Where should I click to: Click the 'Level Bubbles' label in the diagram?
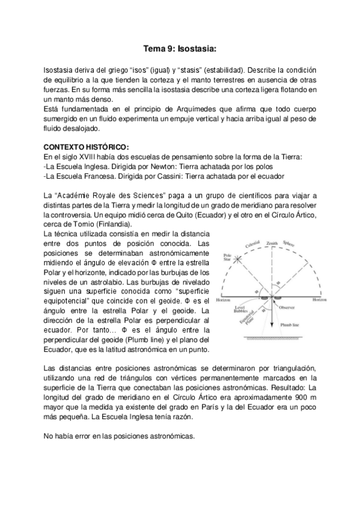pyautogui.click(x=245, y=309)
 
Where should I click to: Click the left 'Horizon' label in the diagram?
pyautogui.click(x=224, y=299)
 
